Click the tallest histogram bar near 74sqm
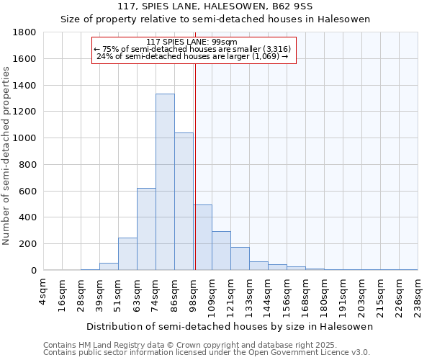(165, 182)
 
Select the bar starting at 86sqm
(184, 202)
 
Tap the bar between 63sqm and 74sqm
(146, 229)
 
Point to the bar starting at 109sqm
(221, 251)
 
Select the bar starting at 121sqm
(240, 258)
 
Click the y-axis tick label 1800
(26, 32)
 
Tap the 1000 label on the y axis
(26, 138)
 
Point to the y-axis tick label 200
(29, 244)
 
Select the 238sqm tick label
(418, 294)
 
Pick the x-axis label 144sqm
(277, 294)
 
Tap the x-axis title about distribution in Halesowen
(230, 327)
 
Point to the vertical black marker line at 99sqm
(195, 166)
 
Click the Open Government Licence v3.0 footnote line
(207, 353)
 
